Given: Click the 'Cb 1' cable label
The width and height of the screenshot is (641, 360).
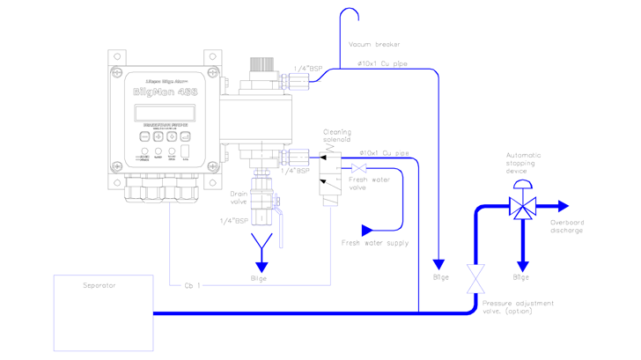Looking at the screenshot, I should [x=192, y=283].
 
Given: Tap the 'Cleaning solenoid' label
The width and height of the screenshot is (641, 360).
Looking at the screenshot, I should [x=336, y=136].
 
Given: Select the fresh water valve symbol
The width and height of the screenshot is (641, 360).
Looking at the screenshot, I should [x=358, y=168].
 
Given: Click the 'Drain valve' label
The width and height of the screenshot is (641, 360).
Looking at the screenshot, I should [x=239, y=198].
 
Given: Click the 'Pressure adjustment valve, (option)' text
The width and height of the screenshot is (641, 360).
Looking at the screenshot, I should [x=518, y=307].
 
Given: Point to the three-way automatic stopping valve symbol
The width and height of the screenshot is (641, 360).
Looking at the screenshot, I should [x=521, y=209].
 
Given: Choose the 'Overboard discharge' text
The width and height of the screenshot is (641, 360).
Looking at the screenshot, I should [x=567, y=226].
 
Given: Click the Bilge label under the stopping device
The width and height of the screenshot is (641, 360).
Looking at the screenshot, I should [x=521, y=277].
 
